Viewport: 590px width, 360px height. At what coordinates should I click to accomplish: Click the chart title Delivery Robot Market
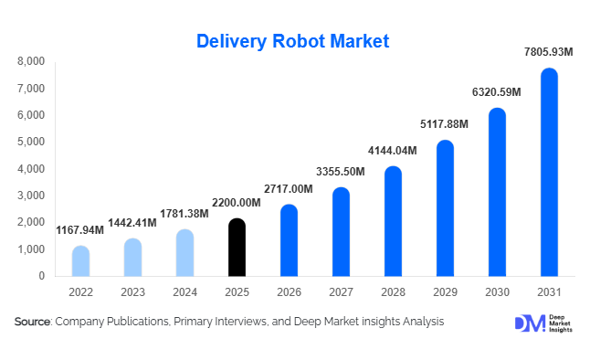293,41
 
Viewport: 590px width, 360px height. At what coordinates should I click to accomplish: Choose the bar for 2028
393,221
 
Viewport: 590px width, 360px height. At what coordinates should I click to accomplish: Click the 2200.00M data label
237,202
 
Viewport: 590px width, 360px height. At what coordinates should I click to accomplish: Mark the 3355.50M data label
341,171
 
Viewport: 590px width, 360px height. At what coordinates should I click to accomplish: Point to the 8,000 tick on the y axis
32,62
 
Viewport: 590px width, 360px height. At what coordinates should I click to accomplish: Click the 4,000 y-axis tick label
32,169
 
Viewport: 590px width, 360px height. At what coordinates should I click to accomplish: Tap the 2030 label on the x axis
497,291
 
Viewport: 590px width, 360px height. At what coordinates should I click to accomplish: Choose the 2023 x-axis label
132,291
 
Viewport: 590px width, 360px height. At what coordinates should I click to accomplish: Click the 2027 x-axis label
341,291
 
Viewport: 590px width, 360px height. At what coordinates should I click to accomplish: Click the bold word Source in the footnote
33,322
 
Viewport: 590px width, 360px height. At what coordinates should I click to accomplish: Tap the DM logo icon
529,323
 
